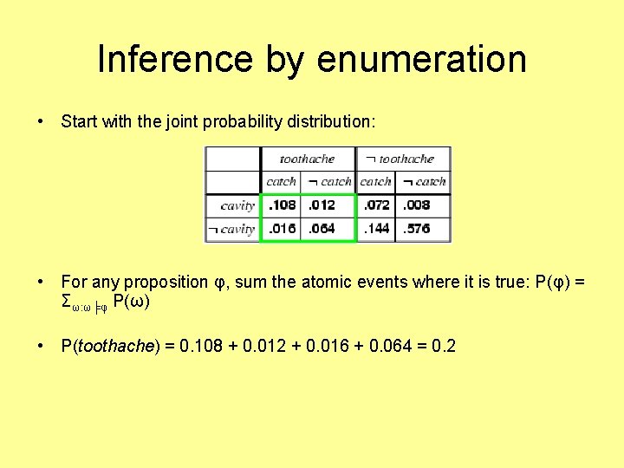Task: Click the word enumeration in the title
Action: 422,59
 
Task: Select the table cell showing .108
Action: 282,205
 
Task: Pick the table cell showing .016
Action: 282,229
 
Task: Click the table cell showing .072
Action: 376,205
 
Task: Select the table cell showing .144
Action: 376,229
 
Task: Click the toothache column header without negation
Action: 307,159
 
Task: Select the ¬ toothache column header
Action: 400,159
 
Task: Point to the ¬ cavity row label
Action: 231,230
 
